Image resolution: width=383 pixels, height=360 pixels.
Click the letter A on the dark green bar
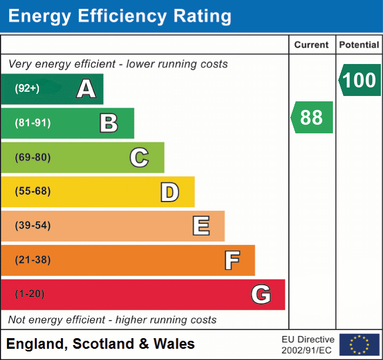point(86,89)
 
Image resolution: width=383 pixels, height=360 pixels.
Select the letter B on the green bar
point(109,123)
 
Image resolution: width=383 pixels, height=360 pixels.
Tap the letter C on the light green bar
point(139,158)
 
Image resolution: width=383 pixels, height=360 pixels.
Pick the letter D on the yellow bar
point(169,192)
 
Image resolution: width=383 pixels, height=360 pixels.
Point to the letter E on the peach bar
point(201,226)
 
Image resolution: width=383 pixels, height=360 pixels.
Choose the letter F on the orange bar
point(232,260)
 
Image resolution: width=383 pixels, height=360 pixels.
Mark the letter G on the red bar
point(261,294)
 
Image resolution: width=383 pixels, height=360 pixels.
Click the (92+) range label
point(27,89)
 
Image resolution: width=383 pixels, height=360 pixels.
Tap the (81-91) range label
point(32,123)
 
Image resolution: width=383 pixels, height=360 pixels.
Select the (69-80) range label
point(32,158)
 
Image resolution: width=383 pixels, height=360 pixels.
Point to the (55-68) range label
point(32,191)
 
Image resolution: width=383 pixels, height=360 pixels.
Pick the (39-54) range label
point(32,226)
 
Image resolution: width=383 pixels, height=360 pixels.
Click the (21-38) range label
point(32,260)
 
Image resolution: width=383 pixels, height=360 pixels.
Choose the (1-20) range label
point(30,294)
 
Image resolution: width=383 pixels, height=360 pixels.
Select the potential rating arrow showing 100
point(360,80)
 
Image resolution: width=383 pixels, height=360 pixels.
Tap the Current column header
point(312,45)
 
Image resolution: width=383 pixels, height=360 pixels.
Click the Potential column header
point(359,45)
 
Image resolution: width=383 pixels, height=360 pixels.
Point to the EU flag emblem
point(359,345)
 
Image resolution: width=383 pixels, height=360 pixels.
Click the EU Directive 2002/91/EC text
point(308,345)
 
